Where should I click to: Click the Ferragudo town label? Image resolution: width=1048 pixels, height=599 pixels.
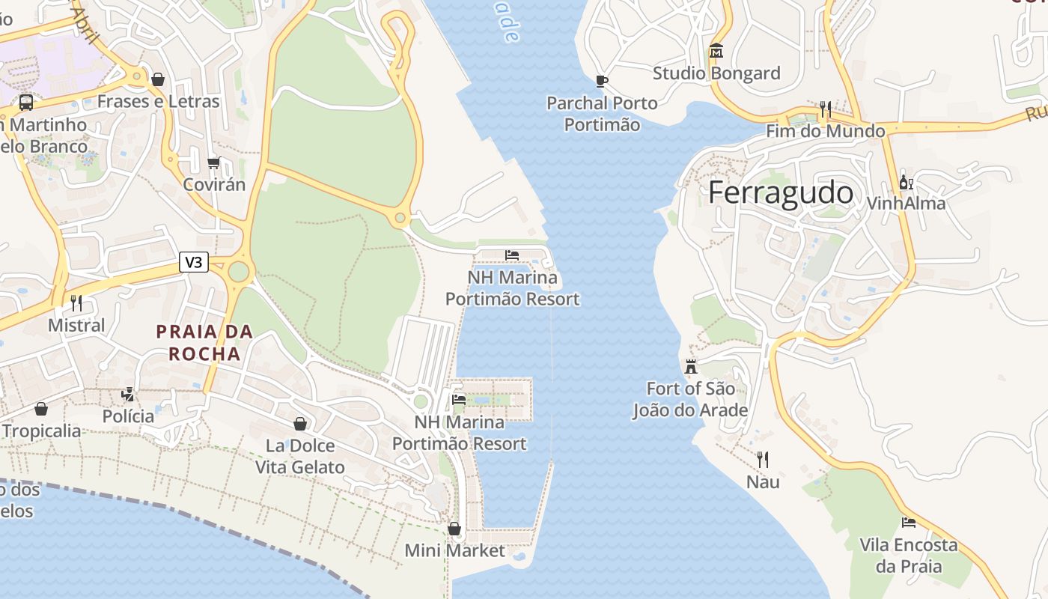tap(780, 193)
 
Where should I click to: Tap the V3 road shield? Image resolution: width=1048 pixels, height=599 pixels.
tap(193, 262)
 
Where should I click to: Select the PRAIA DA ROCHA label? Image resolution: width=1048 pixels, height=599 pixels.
tap(204, 342)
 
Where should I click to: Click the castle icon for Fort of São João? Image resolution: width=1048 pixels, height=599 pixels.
tap(691, 367)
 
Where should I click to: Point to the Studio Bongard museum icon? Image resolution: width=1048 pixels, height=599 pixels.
tap(716, 51)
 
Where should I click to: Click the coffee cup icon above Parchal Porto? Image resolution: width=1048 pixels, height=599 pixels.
tap(601, 81)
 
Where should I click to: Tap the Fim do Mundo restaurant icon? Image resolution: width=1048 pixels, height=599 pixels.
tap(825, 109)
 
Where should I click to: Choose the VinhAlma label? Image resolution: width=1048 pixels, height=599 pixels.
tap(906, 203)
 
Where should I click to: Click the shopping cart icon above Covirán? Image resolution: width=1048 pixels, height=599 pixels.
tap(214, 162)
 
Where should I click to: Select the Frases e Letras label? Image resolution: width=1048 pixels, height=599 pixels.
tap(158, 101)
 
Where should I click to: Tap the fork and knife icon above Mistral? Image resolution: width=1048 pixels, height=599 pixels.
tap(76, 302)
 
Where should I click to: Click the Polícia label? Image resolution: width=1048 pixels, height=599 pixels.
tap(128, 416)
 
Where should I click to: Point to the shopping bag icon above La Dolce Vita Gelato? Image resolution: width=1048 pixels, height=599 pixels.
tap(300, 424)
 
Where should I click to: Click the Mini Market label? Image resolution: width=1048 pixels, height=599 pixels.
tap(454, 551)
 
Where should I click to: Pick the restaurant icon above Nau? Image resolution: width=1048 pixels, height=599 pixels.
tap(763, 459)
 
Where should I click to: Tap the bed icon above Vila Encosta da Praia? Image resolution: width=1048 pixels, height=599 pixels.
tap(909, 522)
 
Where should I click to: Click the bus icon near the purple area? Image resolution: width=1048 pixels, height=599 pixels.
tap(26, 102)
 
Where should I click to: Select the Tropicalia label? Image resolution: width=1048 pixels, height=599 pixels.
tap(41, 431)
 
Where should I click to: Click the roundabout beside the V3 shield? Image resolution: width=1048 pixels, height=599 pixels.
tap(238, 271)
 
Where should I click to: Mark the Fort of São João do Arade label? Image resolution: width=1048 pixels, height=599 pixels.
tap(690, 399)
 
